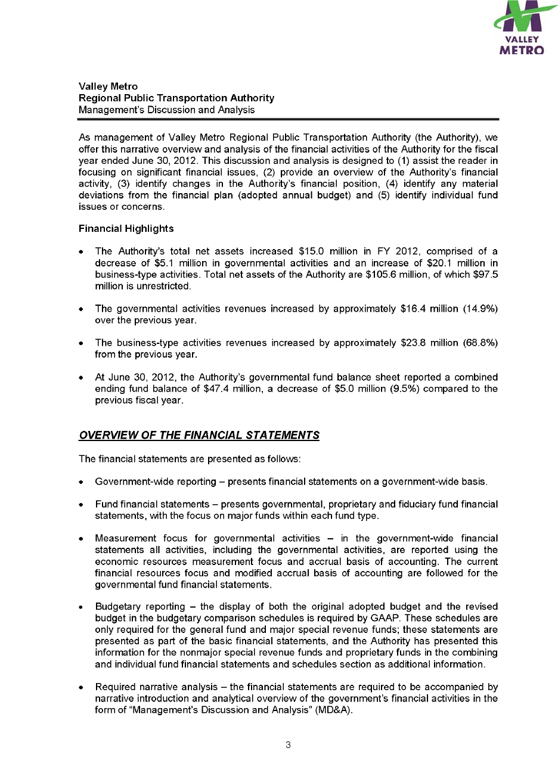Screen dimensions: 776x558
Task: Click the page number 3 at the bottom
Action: pyautogui.click(x=288, y=744)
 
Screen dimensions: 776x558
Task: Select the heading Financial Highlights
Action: pyautogui.click(x=126, y=229)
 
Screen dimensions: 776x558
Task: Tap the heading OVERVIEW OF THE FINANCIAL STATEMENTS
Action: pyautogui.click(x=199, y=435)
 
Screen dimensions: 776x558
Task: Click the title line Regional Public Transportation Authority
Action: pyautogui.click(x=176, y=98)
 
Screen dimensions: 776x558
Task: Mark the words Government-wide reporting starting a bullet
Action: pyautogui.click(x=156, y=482)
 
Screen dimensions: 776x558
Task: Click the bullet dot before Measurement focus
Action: pyautogui.click(x=81, y=539)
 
